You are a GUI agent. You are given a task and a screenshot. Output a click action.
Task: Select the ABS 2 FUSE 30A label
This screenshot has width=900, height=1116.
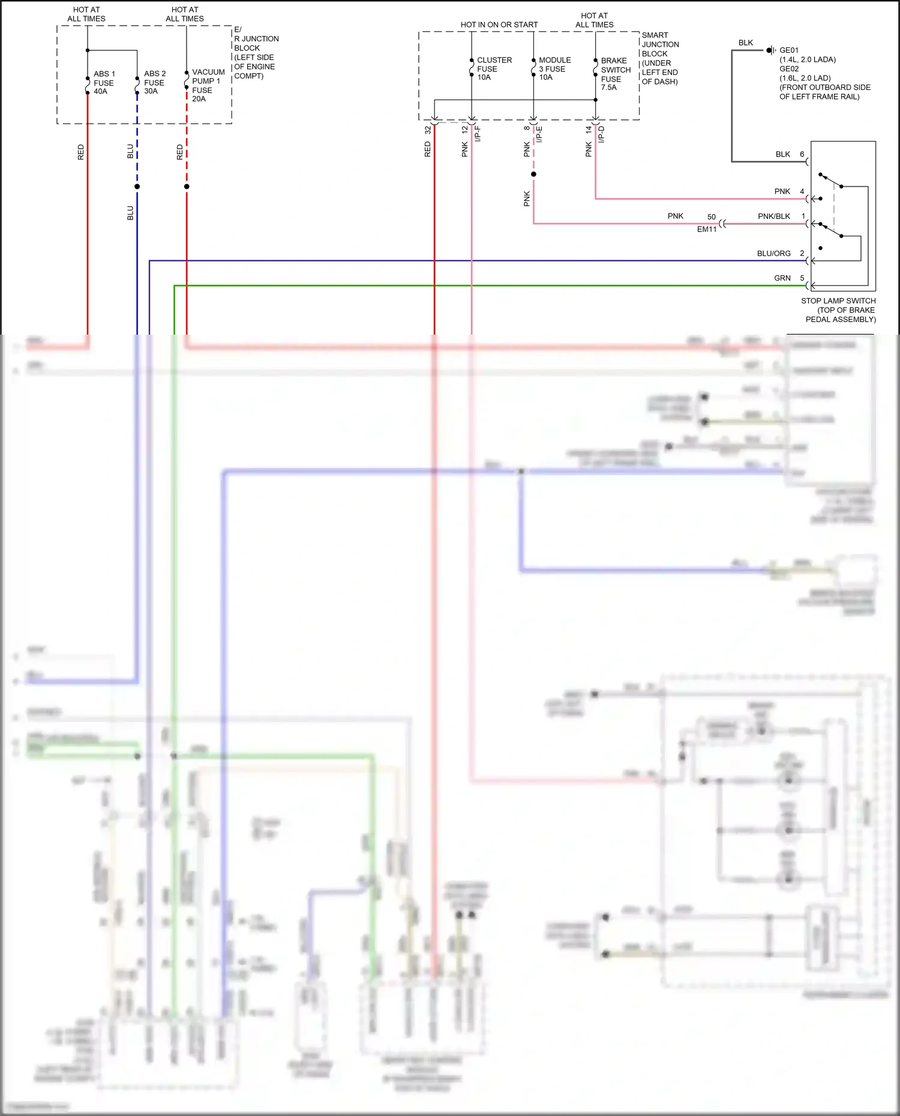coord(154,83)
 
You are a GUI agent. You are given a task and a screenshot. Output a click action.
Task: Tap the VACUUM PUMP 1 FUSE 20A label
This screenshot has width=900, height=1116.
coord(208,85)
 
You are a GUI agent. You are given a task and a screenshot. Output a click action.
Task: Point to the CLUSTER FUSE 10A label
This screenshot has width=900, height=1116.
coord(493,69)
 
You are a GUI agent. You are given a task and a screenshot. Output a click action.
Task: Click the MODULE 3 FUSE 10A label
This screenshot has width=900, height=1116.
coord(554,69)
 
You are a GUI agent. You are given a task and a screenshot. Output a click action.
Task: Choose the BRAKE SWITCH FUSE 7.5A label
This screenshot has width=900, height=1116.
coord(615,74)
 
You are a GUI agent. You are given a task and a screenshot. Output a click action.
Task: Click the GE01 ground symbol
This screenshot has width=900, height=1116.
coord(770,50)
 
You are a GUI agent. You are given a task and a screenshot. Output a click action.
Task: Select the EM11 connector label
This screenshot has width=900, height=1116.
coord(707,230)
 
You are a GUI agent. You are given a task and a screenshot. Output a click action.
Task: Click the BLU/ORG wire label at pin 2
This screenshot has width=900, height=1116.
coord(773,254)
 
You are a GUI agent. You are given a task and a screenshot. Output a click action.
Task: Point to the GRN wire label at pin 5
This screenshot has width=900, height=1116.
coord(782,278)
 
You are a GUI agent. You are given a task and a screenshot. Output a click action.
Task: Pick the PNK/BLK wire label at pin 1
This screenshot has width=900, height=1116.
coord(773,216)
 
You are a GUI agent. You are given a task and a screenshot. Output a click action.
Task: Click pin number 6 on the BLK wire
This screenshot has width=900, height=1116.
coord(802,155)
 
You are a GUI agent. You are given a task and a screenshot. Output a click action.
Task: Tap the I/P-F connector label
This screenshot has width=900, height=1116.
coord(478,133)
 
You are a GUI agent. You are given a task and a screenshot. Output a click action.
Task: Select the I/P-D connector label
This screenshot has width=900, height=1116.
coord(602,133)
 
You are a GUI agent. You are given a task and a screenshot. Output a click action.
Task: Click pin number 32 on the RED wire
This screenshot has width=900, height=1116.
coord(428,130)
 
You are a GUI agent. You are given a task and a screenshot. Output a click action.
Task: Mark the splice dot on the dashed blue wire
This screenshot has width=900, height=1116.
coord(137,186)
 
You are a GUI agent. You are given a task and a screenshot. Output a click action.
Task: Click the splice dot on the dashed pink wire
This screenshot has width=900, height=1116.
coord(533,175)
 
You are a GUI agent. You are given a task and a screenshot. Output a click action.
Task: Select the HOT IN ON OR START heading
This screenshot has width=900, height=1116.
coord(499,25)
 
